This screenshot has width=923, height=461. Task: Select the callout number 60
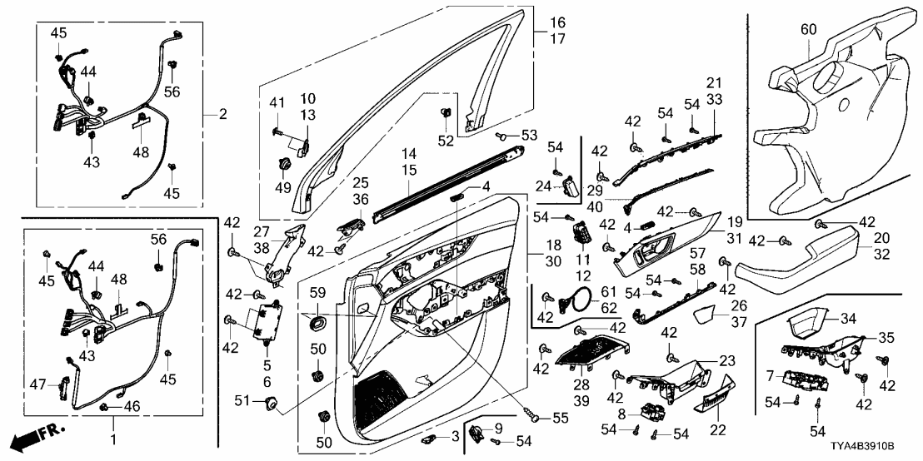(x=808, y=29)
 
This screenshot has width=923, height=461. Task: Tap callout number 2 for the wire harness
(x=222, y=114)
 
